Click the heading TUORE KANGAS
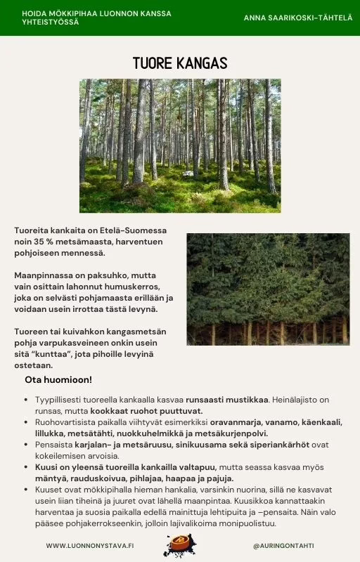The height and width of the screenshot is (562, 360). click(x=180, y=63)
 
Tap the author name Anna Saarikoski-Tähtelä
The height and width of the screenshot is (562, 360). click(x=298, y=18)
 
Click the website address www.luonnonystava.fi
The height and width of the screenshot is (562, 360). click(x=90, y=545)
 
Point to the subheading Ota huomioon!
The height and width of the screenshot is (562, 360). click(x=58, y=380)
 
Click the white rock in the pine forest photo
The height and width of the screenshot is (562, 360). click(x=188, y=173)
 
